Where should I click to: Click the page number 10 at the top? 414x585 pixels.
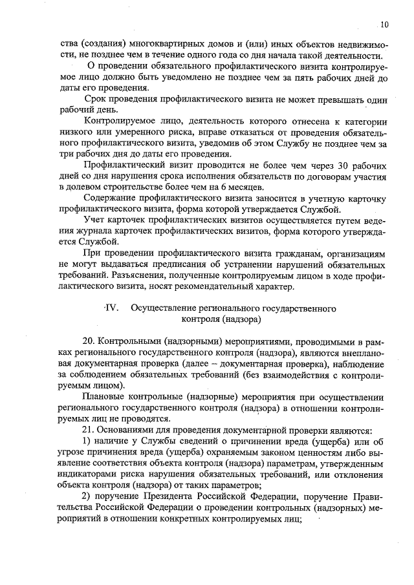click(385, 25)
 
